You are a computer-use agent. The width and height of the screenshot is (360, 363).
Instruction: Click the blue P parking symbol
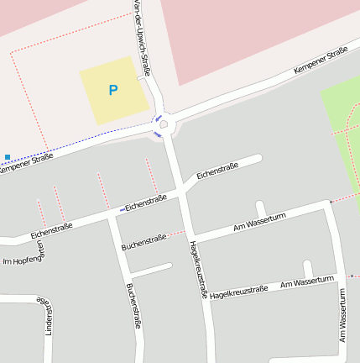click(113, 89)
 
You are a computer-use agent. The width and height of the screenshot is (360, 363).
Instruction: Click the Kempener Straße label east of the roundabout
click(321, 64)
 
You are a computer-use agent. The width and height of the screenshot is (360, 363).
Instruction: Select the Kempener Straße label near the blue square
click(25, 162)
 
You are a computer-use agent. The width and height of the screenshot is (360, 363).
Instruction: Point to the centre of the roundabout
click(164, 124)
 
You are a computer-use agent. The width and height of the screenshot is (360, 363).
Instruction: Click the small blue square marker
click(8, 156)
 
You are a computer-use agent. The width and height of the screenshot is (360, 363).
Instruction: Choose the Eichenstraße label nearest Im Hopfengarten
click(50, 229)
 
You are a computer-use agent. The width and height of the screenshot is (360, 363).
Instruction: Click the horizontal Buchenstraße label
click(143, 243)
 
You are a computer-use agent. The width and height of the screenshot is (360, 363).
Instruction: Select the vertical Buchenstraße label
click(133, 305)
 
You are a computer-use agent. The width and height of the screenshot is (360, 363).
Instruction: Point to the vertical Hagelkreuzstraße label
click(198, 270)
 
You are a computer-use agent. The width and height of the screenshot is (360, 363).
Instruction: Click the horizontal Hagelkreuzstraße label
click(239, 292)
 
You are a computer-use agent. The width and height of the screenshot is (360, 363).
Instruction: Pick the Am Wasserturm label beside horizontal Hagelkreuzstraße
click(308, 281)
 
